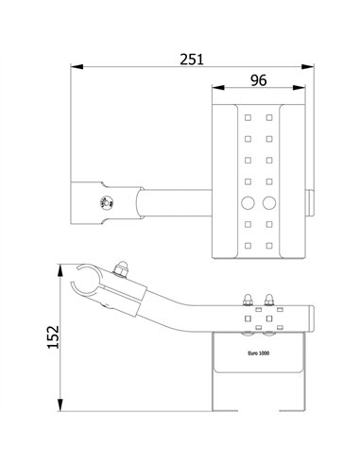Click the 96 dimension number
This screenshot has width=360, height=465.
point(258,81)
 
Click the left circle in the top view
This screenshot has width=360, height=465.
point(249,202)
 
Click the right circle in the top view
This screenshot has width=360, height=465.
point(270,202)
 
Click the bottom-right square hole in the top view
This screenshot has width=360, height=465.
point(270,244)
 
